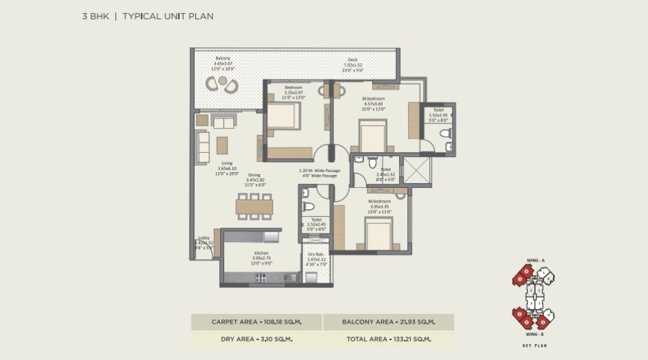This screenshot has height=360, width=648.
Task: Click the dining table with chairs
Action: coord(254,206)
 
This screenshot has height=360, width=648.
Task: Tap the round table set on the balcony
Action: coord(221,84)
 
